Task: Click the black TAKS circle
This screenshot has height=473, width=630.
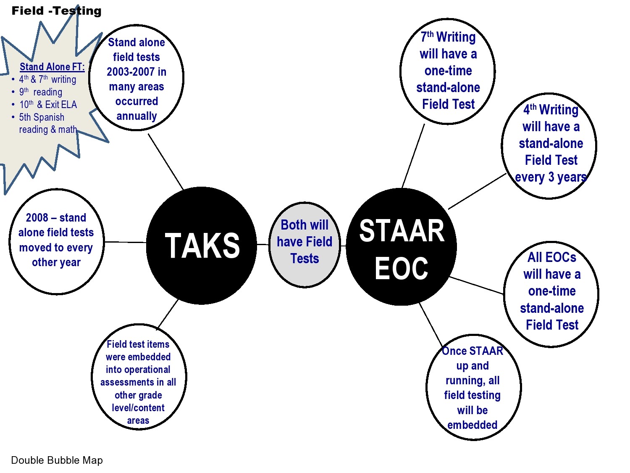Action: pos(202,246)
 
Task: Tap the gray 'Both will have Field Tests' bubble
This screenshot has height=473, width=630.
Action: pos(304,244)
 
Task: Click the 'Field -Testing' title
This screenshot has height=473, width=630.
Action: pos(56,11)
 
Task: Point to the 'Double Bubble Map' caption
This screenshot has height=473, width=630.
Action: pos(57,460)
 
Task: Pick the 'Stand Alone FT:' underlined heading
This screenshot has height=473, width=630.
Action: pos(52,67)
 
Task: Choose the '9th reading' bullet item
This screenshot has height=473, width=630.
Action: pos(41,92)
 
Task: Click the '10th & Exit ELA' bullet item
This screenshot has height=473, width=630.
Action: pos(48,105)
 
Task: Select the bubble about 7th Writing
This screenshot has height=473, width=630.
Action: pos(448,71)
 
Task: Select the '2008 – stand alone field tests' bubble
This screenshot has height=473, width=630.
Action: pos(56,240)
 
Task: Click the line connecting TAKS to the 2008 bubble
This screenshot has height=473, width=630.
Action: pos(125,242)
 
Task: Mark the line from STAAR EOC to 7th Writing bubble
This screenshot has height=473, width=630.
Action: pos(413,156)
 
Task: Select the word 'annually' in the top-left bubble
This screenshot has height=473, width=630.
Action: pos(136,116)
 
